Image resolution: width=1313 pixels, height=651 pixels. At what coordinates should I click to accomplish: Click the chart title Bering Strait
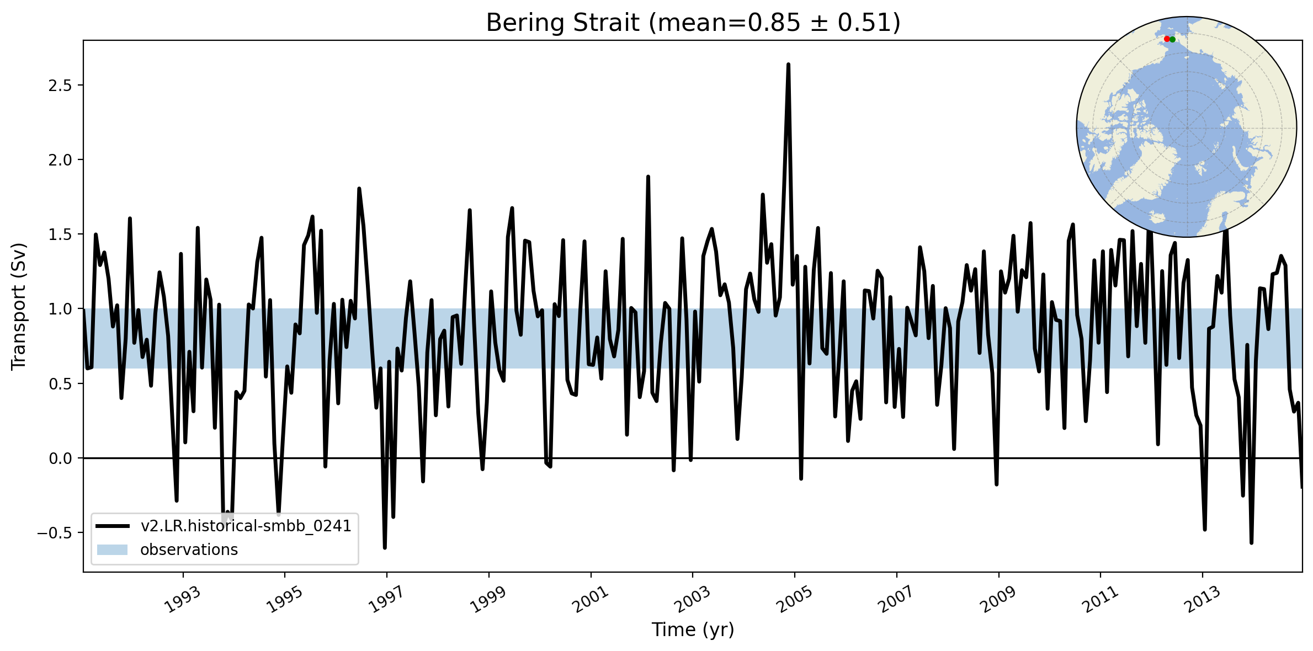pos(693,23)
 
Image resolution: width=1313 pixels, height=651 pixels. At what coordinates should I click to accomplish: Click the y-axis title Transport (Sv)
pos(19,306)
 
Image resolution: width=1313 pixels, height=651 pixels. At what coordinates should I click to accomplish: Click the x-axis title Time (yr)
pos(693,629)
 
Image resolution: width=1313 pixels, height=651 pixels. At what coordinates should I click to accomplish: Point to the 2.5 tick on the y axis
pos(61,86)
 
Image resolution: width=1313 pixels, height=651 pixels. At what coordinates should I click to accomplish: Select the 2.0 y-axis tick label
pos(61,160)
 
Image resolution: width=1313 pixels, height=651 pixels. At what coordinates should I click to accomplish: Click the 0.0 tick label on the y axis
pos(61,458)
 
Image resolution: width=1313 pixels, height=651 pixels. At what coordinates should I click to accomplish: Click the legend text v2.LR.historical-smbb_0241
pos(246,526)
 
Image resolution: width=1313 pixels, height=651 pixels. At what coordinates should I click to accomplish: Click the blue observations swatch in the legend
pos(112,549)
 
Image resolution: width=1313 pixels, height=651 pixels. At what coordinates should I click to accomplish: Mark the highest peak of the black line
pos(788,65)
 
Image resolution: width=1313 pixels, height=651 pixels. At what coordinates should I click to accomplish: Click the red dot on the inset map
pos(1166,39)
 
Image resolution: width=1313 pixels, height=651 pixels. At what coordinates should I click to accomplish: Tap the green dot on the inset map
pos(1172,40)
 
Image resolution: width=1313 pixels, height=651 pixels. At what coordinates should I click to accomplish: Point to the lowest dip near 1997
pos(385,547)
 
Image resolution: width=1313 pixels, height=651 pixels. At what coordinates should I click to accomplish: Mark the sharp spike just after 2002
pos(648,177)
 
